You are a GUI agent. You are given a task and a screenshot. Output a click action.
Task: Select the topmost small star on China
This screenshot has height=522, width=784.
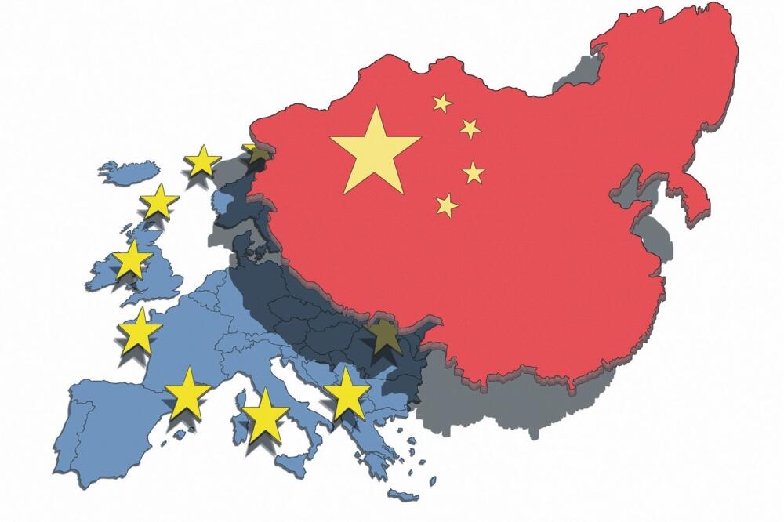pos(443,103)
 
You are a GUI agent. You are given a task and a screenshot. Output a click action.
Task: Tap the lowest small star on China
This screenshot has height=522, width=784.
pos(447,205)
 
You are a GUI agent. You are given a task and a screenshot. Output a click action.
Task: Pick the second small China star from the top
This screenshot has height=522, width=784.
pos(470,129)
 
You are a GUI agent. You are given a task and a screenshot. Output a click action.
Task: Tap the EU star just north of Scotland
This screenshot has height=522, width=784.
pos(160,201)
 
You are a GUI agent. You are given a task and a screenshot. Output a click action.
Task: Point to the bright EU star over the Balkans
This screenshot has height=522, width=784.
pos(347,394)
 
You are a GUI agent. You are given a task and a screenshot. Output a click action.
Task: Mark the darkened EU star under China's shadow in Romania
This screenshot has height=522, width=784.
pos(383,338)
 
